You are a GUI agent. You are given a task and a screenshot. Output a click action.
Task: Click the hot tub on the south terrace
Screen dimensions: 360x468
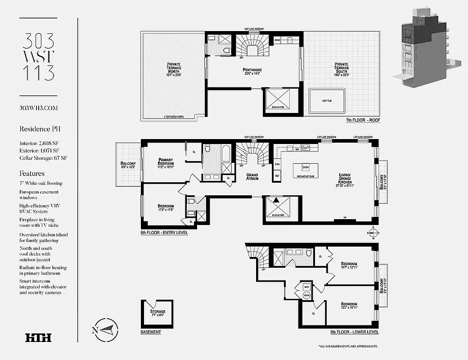tap(327, 101)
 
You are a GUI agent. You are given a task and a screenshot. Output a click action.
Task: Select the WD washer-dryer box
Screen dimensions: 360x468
tap(306, 286)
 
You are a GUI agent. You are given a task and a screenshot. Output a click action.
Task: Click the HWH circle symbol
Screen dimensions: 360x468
tap(306, 295)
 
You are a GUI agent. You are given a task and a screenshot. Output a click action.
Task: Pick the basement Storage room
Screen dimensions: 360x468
tap(157, 313)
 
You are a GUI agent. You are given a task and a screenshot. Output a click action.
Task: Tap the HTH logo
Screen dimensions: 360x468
tap(38, 337)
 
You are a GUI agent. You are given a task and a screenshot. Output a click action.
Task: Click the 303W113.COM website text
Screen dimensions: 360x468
tap(39, 108)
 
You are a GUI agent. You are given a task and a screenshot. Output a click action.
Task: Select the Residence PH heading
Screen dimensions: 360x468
tap(40, 129)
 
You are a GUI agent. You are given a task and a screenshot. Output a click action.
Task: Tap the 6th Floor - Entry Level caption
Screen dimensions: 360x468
tap(164, 233)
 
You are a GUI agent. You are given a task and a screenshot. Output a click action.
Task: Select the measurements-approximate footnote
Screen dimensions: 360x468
tap(348, 346)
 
